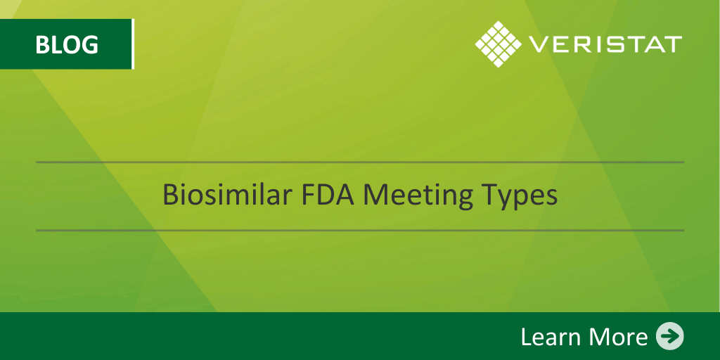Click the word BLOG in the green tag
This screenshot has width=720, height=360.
click(67, 44)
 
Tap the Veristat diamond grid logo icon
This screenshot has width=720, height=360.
click(499, 44)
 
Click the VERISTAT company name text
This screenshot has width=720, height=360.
click(605, 44)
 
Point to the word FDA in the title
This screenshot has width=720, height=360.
click(329, 195)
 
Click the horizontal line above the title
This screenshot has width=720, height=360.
click(360, 162)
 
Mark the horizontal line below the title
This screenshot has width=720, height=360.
click(360, 230)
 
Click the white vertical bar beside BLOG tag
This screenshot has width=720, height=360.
click(133, 44)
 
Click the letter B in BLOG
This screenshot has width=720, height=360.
click(42, 45)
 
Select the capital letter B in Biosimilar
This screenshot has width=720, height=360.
click(170, 195)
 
